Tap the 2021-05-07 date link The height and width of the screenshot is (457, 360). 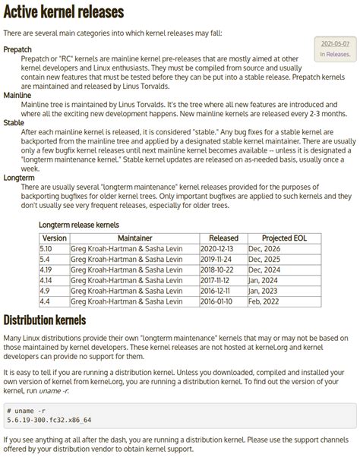pos(335,44)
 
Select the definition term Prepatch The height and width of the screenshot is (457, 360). pos(17,49)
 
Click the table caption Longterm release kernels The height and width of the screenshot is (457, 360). pos(79,225)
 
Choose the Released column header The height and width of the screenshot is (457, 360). pos(223,238)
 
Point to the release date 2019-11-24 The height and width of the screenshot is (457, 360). pos(217,259)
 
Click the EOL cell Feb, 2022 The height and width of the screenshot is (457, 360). pos(264,301)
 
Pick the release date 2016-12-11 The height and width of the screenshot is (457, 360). pos(217,290)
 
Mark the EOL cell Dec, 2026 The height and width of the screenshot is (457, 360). pos(264,249)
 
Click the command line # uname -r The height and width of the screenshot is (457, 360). pos(29,410)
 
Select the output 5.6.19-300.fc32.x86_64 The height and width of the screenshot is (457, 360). pos(49,420)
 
